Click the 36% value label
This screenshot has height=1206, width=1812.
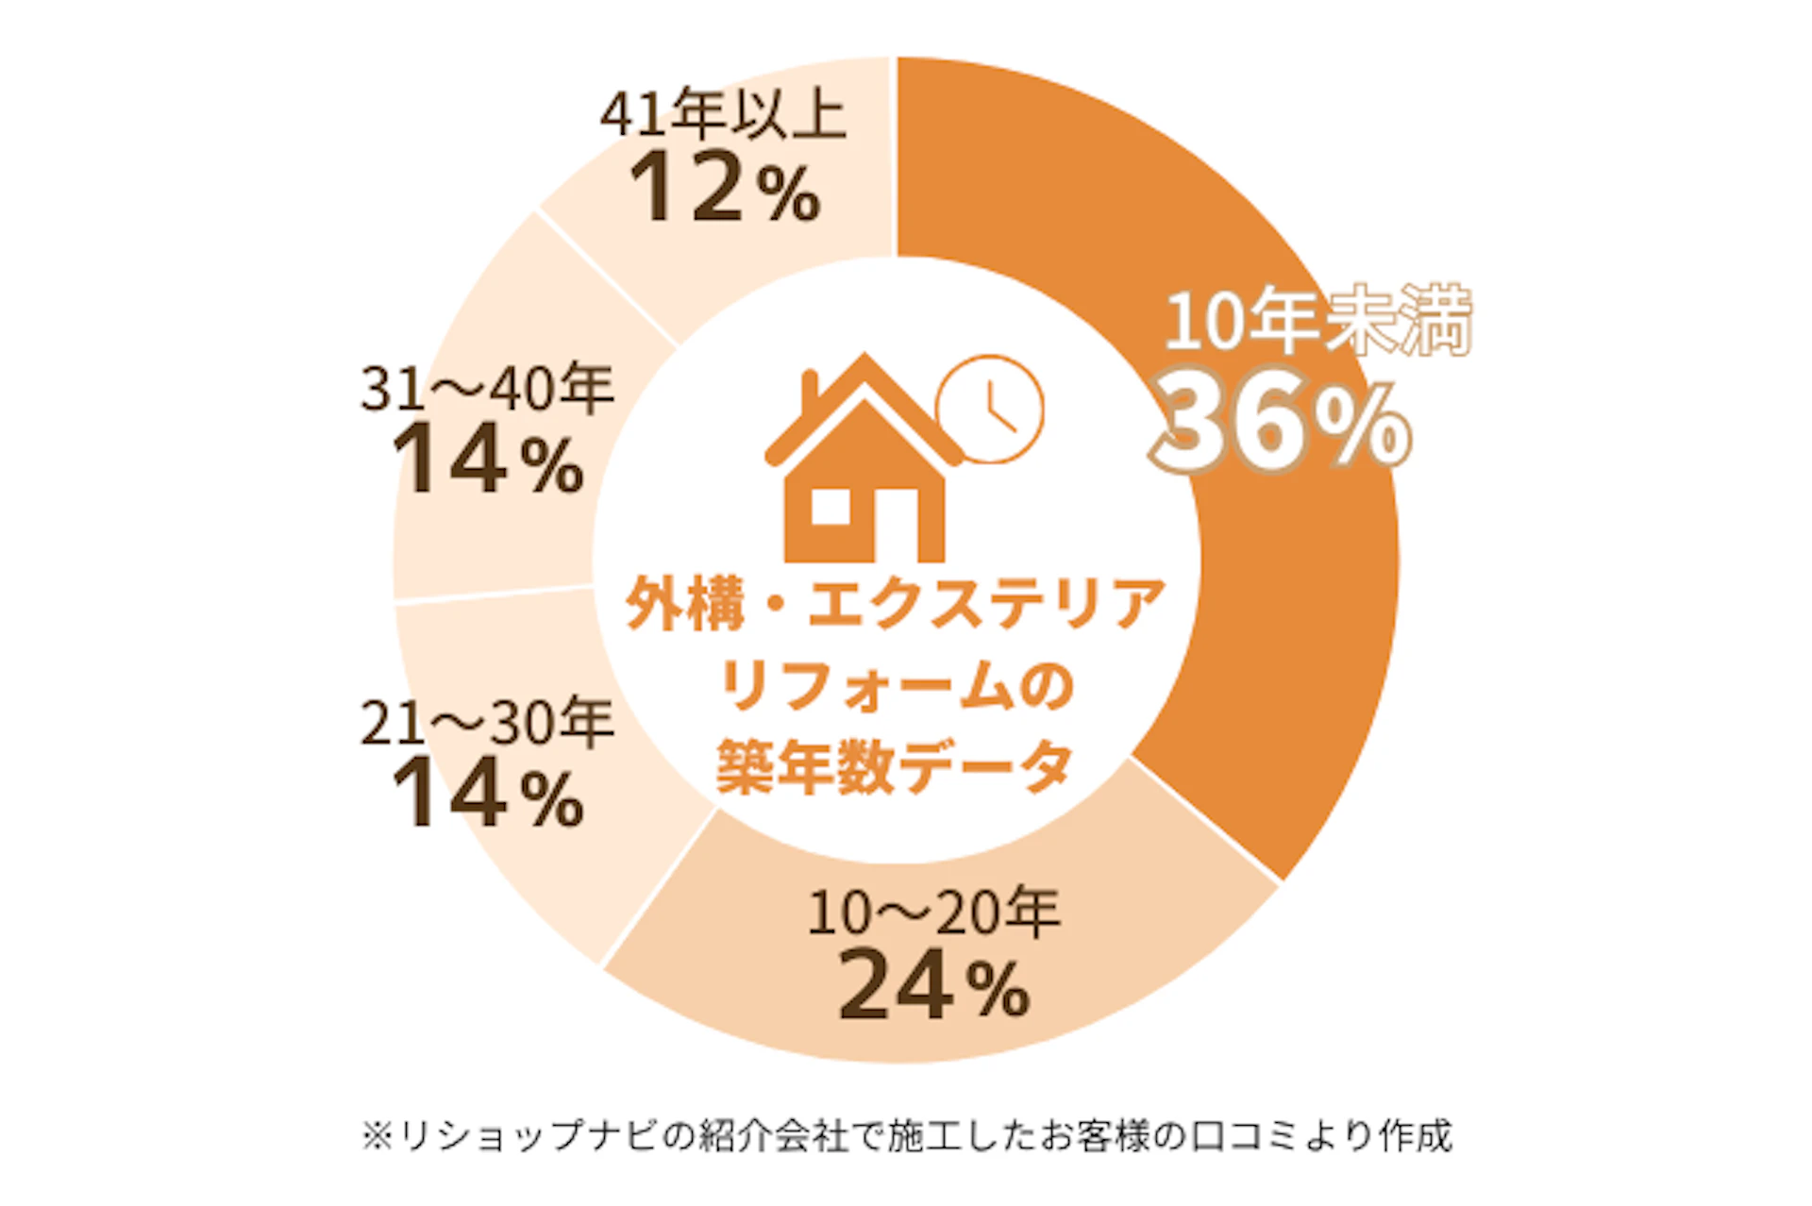pos(1280,427)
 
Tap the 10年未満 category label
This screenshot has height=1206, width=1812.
pos(1318,321)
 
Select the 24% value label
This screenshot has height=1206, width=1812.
pos(933,985)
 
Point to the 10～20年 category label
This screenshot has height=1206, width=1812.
pos(933,913)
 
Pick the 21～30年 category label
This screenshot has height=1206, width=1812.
pos(487,724)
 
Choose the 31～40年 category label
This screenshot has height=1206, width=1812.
pos(487,388)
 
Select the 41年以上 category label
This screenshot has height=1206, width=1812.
pos(723,117)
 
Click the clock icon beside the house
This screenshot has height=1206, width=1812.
pos(990,408)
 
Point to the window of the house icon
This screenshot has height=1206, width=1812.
pos(830,507)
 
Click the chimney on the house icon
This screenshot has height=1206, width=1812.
pos(810,394)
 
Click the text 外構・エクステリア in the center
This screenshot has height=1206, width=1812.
pos(895,604)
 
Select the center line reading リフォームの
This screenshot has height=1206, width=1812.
pos(895,686)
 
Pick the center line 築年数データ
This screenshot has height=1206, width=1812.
pos(895,767)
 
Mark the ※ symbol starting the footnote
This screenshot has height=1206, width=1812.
pos(377,1136)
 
